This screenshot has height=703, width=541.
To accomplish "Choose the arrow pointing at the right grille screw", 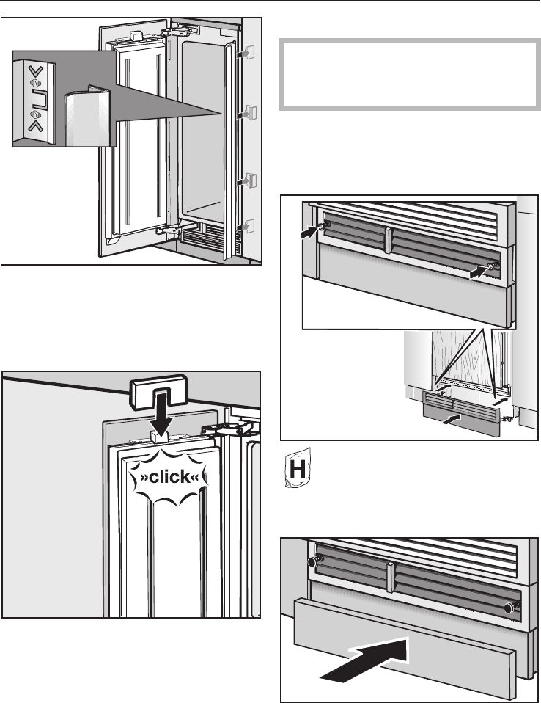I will [x=479, y=271].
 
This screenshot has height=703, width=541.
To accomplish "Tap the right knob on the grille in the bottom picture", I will [x=510, y=606].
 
